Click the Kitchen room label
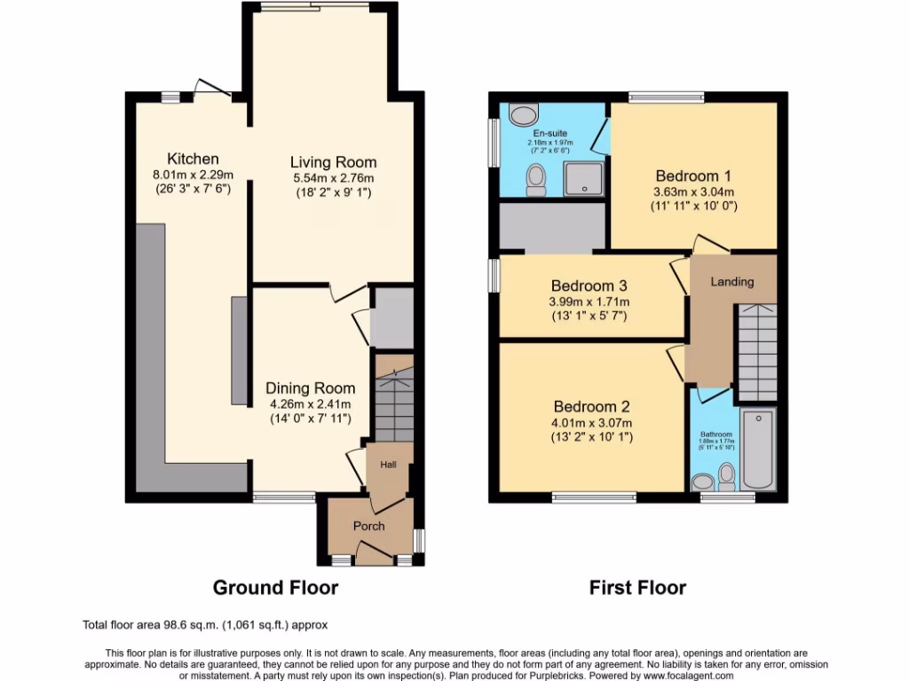(x=193, y=159)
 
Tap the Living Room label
(x=334, y=162)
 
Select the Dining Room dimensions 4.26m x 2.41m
(x=311, y=405)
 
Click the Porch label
(x=369, y=526)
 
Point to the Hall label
(x=389, y=465)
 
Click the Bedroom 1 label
(x=695, y=175)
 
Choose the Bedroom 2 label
(x=589, y=407)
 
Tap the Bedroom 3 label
(x=589, y=286)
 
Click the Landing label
(x=732, y=282)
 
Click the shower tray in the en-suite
(x=583, y=178)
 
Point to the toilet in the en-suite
(x=536, y=180)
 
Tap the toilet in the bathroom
(x=727, y=477)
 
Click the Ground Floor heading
(x=275, y=587)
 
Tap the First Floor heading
(x=637, y=587)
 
